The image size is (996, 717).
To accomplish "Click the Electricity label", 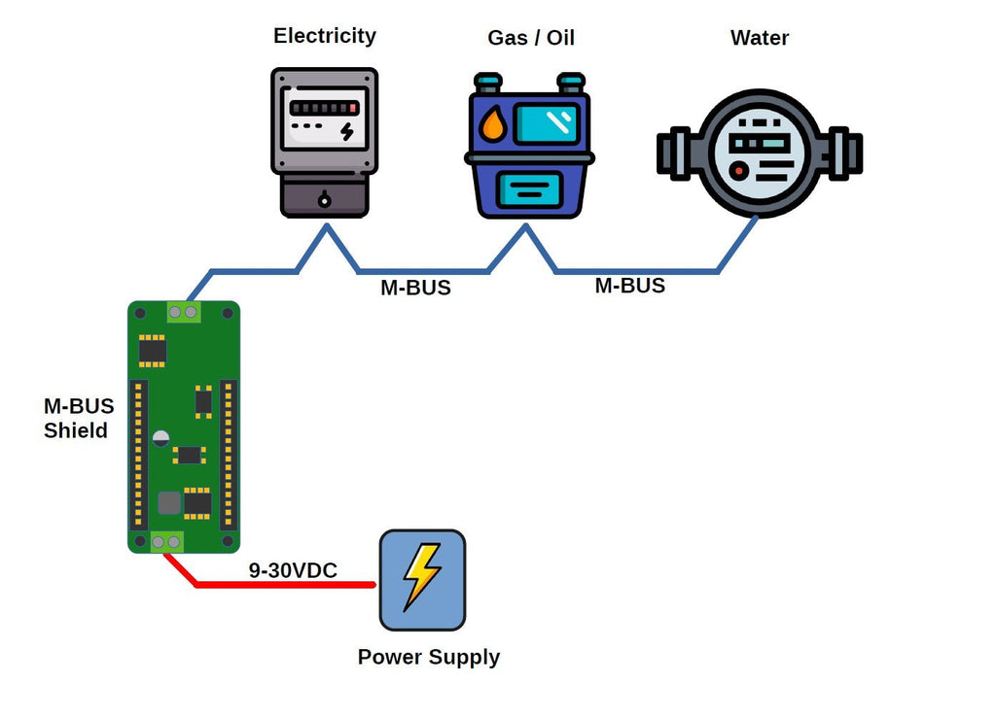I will (324, 36).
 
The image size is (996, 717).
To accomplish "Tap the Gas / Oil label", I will (531, 38).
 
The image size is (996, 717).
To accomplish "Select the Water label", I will (759, 38).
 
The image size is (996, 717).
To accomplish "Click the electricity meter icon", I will (324, 142).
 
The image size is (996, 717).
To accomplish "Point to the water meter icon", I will (759, 154).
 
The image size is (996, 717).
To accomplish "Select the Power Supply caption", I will (428, 657).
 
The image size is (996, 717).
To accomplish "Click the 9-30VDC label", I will (293, 571).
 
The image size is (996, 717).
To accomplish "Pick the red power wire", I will (282, 585).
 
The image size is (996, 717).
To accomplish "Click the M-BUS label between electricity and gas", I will (415, 289).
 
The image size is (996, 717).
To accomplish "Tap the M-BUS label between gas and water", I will (630, 286).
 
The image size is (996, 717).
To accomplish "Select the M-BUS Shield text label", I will (78, 419).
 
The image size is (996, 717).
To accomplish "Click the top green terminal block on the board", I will (183, 312).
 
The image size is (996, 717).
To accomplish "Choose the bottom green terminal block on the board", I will (166, 542).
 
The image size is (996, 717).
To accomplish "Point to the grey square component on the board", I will (169, 502).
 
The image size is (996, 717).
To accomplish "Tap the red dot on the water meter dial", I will (739, 171).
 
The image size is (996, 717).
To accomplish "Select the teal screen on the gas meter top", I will (546, 123).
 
